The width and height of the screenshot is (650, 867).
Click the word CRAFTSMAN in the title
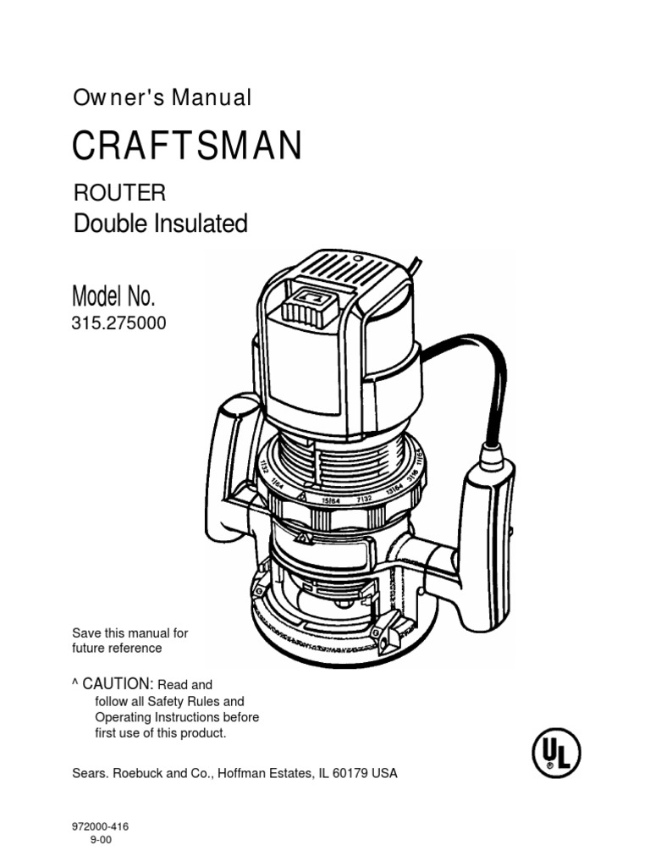187,146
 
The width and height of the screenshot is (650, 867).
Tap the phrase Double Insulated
161,224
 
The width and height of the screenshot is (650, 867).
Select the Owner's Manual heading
162,97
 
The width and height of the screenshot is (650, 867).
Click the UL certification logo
554,750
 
